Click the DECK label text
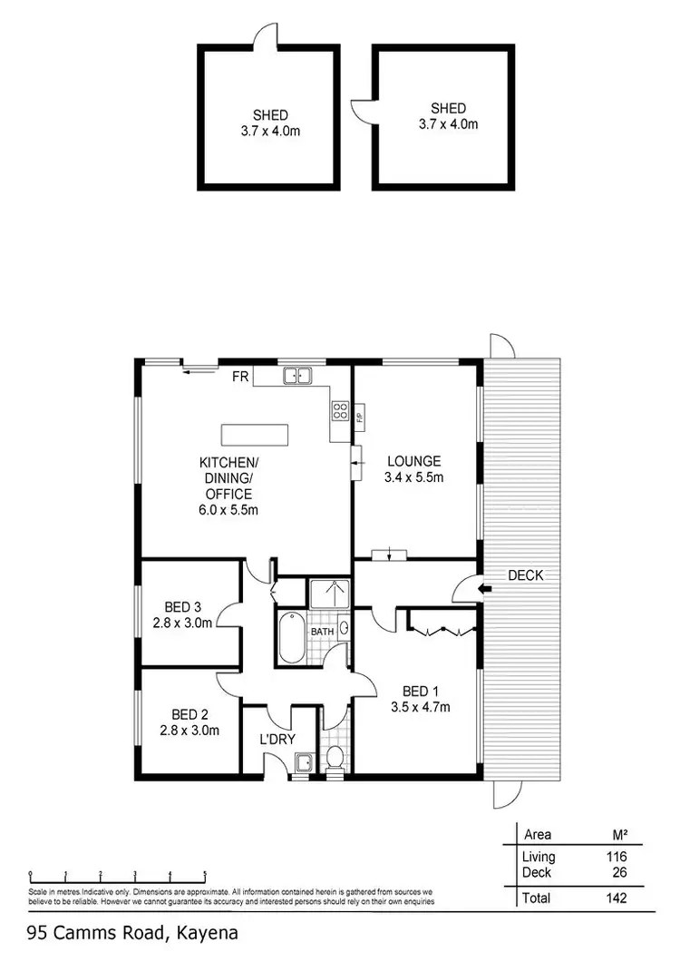tap(526, 574)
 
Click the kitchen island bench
tap(257, 435)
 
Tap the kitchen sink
tap(296, 375)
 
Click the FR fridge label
tap(240, 375)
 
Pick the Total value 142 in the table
tap(616, 898)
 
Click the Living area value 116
tap(616, 857)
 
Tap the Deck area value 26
tap(618, 871)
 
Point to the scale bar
tap(118, 878)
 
